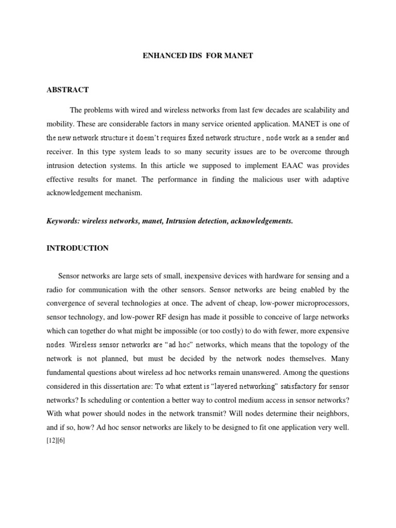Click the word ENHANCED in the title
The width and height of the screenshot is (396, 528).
[x=160, y=55]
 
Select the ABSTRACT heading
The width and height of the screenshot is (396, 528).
[x=68, y=90]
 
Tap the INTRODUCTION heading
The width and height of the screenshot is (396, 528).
[x=77, y=248]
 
